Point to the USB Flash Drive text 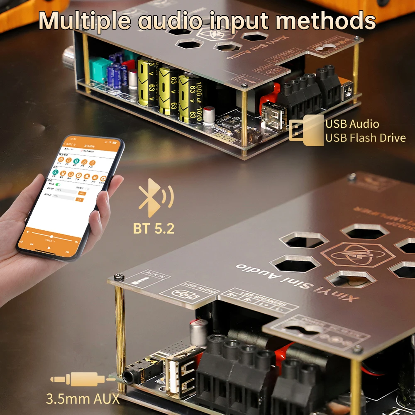coord(365,138)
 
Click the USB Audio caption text coord(352,124)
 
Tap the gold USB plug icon coord(308,130)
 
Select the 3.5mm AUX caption coord(83,399)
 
